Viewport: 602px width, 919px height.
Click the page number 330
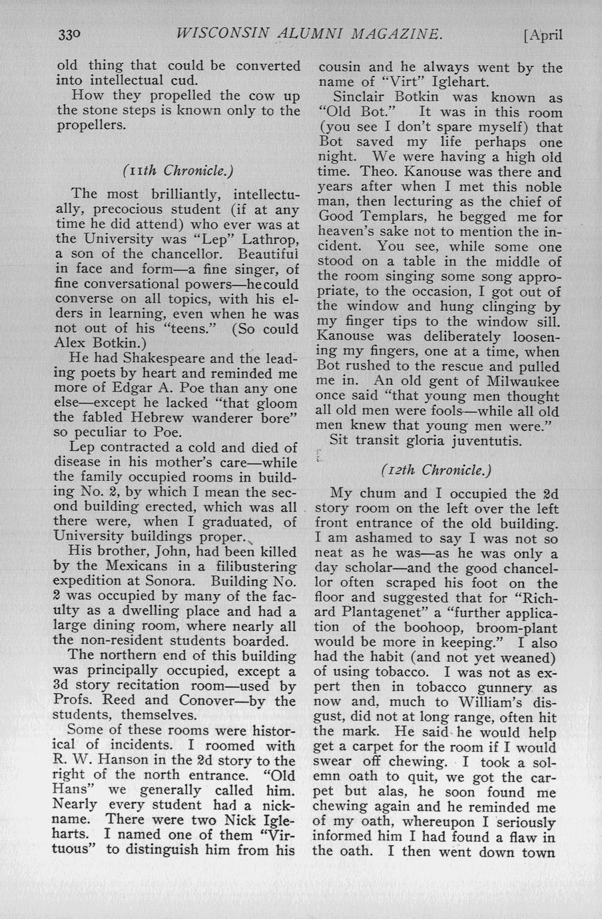[x=68, y=35]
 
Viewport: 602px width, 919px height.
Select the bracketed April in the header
[x=543, y=35]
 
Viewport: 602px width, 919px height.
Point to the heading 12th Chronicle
[x=436, y=470]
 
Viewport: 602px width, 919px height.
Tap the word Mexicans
[x=143, y=567]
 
